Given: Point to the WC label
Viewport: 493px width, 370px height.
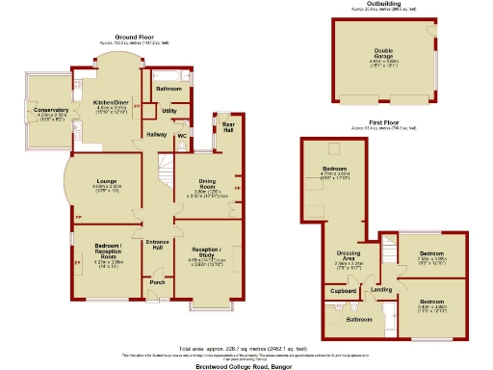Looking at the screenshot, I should pyautogui.click(x=180, y=135).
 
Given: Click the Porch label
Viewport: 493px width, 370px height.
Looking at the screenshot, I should pyautogui.click(x=157, y=282).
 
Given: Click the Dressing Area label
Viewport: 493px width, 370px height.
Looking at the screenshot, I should pyautogui.click(x=349, y=255).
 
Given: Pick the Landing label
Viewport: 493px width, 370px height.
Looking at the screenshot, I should pyautogui.click(x=382, y=288).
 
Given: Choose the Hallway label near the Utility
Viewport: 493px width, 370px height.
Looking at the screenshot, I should pyautogui.click(x=154, y=135).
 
